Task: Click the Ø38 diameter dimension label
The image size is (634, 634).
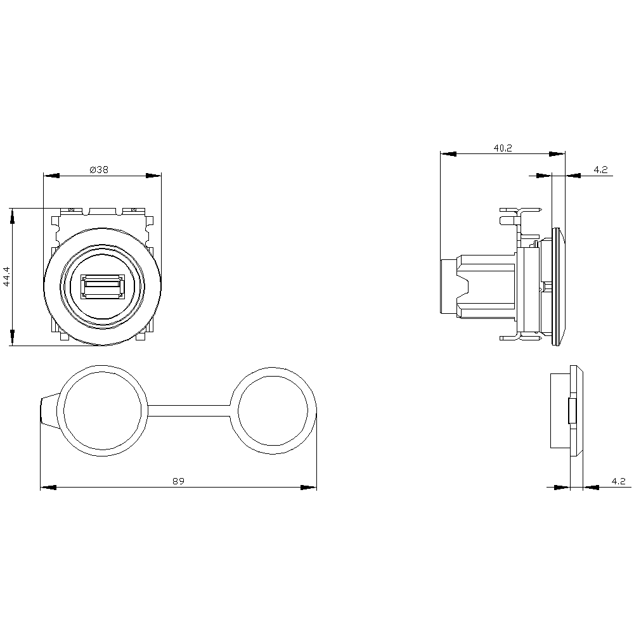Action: (x=99, y=170)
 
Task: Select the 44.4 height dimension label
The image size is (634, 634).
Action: (x=6, y=276)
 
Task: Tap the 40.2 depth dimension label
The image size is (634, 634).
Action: (x=503, y=148)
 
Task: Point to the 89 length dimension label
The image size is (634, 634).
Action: (x=178, y=481)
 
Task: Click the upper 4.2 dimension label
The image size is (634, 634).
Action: (x=600, y=170)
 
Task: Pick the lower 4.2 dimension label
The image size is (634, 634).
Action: (x=618, y=481)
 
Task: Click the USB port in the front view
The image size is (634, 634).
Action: (x=103, y=287)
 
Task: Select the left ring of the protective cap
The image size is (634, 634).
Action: (x=103, y=411)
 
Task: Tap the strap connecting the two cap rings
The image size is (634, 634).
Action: (x=189, y=410)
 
